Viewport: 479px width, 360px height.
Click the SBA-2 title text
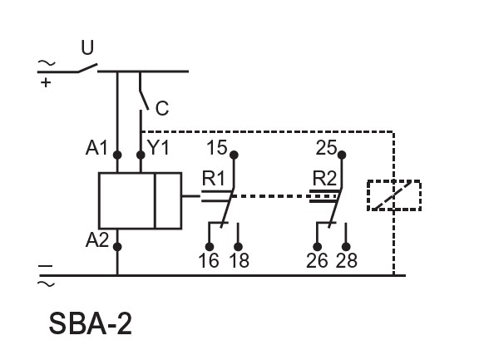91,324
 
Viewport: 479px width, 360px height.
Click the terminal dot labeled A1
117,155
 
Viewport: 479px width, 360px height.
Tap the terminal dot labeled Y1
141,155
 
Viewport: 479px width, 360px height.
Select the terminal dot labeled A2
117,247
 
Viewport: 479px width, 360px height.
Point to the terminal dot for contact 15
234,155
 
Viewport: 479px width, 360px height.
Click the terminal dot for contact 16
210,247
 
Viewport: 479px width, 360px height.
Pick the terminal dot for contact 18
238,247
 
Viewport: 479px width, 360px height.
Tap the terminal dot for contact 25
342,155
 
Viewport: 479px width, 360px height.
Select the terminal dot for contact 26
318,247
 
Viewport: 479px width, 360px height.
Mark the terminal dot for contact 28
346,247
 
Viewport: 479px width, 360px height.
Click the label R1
213,178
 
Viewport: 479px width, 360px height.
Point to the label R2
324,178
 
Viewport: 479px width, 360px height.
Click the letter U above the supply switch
87,47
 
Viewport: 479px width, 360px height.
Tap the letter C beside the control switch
162,108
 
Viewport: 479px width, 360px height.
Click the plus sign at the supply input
46,82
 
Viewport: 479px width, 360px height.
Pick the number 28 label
347,260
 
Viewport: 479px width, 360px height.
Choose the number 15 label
217,147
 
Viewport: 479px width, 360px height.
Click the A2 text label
97,240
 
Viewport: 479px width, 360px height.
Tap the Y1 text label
158,147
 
